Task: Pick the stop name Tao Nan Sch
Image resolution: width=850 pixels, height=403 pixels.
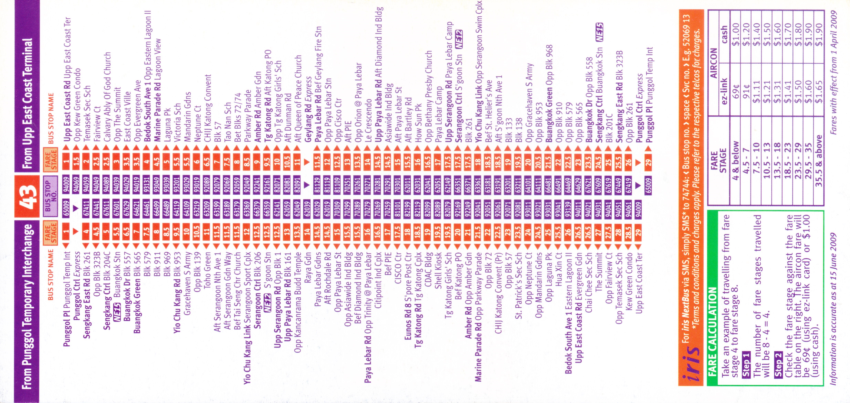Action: click(x=227, y=122)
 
